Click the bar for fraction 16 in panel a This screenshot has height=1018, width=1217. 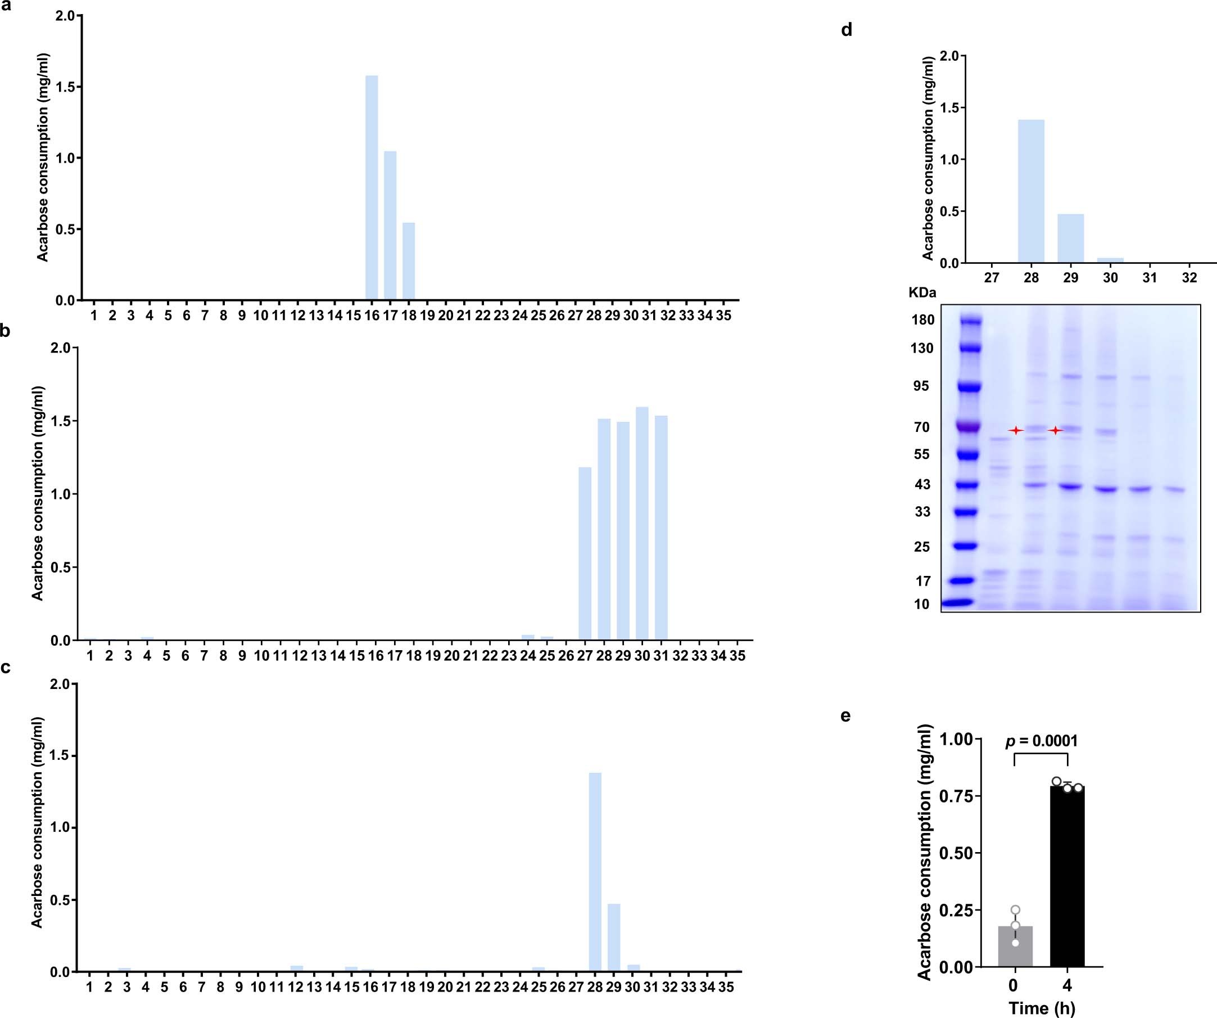click(372, 188)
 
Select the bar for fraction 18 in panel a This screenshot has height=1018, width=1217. click(409, 262)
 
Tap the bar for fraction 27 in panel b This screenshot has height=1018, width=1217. click(585, 553)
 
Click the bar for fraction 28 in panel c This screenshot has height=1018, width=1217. click(595, 872)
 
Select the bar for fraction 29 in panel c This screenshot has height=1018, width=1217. click(614, 937)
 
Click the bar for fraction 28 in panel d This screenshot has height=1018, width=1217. click(1031, 191)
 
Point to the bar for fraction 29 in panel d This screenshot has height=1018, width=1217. click(1070, 239)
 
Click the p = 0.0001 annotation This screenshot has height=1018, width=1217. click(1041, 741)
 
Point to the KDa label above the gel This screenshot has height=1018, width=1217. click(922, 293)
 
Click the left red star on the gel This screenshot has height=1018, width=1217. click(1015, 430)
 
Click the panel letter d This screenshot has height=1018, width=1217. click(846, 30)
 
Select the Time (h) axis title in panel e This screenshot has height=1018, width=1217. click(1042, 1007)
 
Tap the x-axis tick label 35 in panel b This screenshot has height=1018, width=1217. click(736, 656)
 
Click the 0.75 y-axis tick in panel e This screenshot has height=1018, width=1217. click(956, 796)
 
